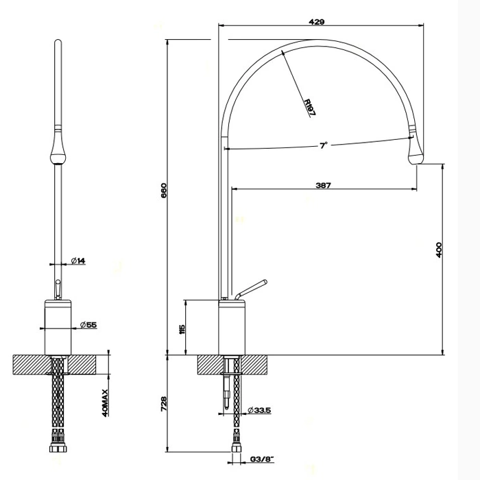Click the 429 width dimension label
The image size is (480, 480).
(317, 22)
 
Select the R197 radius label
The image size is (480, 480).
(309, 107)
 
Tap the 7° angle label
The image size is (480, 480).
(324, 145)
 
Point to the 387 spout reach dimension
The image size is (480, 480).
(323, 185)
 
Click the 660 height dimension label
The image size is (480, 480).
(164, 191)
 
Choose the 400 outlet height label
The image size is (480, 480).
(439, 250)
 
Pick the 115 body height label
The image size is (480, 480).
(182, 329)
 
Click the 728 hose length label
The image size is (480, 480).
(164, 404)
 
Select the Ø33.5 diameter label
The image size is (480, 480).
(259, 410)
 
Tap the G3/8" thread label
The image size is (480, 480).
(262, 459)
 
